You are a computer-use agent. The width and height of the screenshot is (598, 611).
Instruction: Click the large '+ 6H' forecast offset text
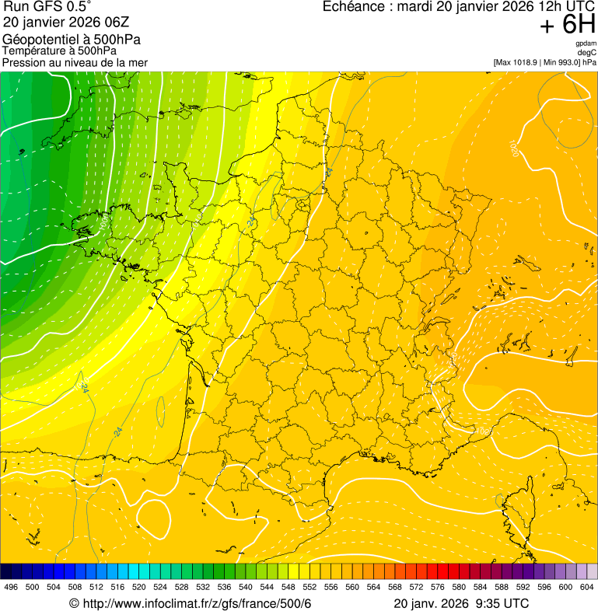[x=568, y=26]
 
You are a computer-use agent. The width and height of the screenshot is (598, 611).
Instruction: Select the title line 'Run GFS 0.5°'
[x=47, y=7]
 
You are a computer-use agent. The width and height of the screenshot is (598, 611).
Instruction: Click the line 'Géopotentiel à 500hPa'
[x=72, y=40]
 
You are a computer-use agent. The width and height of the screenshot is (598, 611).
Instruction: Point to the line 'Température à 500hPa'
[x=59, y=51]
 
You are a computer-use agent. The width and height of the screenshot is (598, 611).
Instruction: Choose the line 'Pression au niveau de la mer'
[x=75, y=62]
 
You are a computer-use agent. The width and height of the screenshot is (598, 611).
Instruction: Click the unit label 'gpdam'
[x=586, y=44]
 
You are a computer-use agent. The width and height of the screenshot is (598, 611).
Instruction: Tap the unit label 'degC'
[x=587, y=53]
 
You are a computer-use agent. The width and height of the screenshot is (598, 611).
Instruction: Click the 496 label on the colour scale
[x=11, y=587]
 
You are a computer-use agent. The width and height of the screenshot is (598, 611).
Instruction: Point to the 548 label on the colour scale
[x=287, y=587]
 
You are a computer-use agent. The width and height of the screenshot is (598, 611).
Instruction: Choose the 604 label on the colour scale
[x=587, y=587]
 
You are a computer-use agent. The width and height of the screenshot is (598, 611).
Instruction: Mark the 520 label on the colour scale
[x=138, y=587]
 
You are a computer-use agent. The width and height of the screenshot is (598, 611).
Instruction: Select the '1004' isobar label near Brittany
[x=103, y=223]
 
